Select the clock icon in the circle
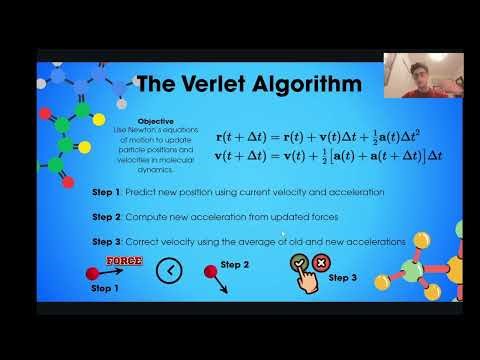coord(173,269)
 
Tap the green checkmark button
coord(298,263)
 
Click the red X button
coord(322,263)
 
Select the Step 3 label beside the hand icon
coord(343,277)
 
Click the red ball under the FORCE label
coord(92,272)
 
